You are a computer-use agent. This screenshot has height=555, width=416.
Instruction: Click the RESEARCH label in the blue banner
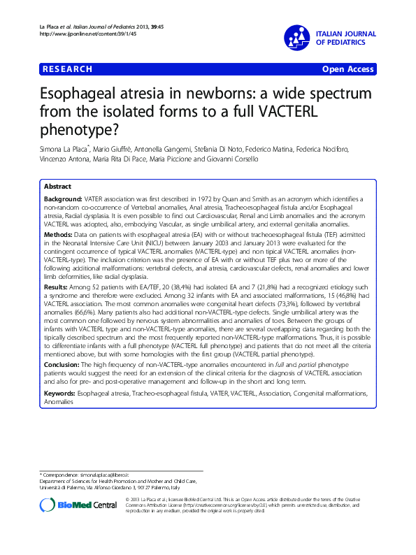coord(68,69)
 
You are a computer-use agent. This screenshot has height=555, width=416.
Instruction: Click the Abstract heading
coord(57,187)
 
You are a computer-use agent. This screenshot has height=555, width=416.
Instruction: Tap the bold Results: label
coord(57,287)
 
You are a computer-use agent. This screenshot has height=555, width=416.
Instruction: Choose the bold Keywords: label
coord(62,394)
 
